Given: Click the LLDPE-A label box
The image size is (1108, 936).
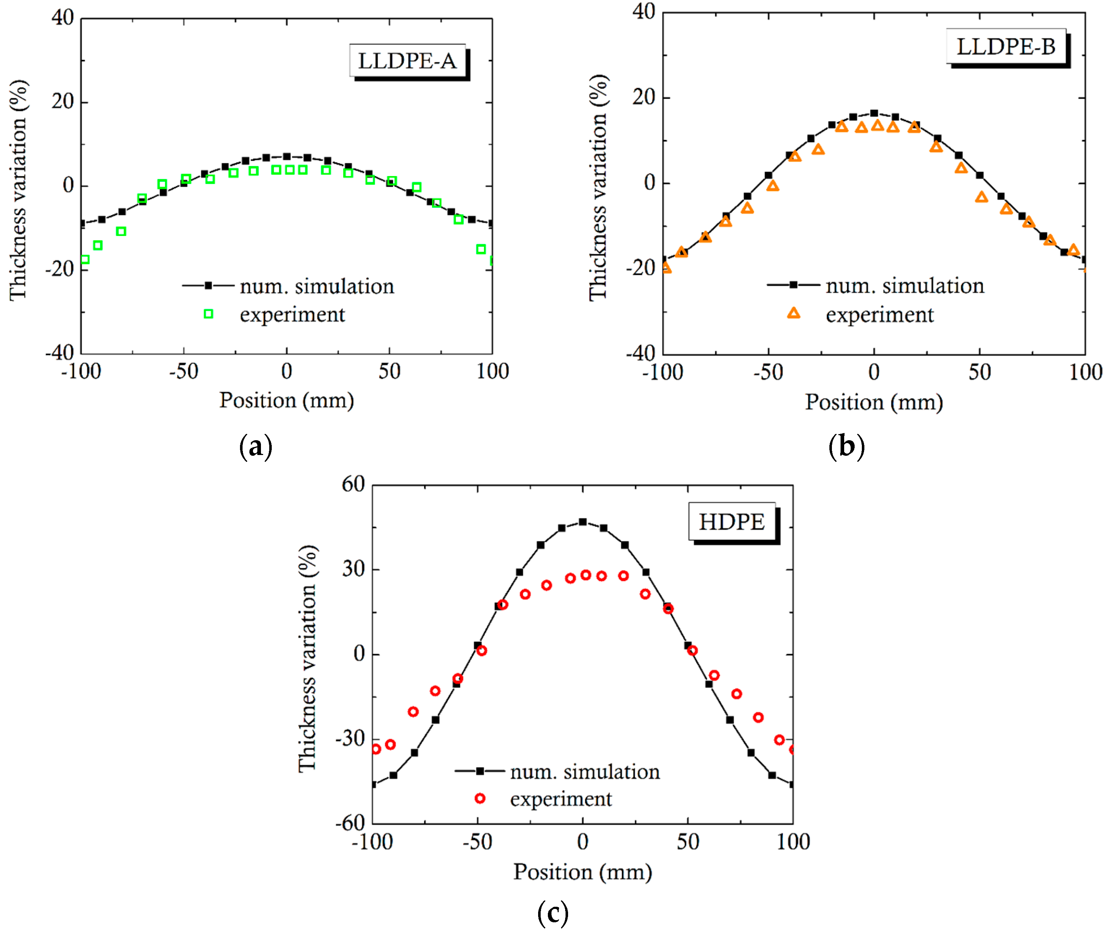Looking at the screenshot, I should [x=407, y=61].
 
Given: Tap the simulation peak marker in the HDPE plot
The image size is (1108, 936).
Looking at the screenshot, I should [x=583, y=522].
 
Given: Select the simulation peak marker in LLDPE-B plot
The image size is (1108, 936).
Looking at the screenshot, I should [x=874, y=113].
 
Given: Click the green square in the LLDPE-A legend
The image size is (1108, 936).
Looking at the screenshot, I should [x=209, y=314].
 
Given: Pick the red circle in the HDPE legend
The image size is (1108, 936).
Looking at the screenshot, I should [x=480, y=799].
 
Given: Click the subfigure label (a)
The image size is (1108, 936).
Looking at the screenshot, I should [x=256, y=446].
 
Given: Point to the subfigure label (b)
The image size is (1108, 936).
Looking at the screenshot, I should [x=846, y=446].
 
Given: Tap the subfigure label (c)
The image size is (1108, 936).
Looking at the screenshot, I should [x=553, y=914].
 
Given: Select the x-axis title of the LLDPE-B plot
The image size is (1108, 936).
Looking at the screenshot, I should [x=874, y=402].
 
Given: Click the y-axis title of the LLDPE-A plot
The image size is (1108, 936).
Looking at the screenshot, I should [x=18, y=189].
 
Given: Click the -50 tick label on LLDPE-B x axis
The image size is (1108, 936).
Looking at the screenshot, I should [x=768, y=372].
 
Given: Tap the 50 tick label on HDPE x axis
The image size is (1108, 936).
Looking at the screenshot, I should [x=688, y=842].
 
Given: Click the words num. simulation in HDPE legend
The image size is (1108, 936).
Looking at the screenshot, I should [x=585, y=772].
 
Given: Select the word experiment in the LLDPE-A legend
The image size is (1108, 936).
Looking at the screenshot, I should [x=292, y=315].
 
